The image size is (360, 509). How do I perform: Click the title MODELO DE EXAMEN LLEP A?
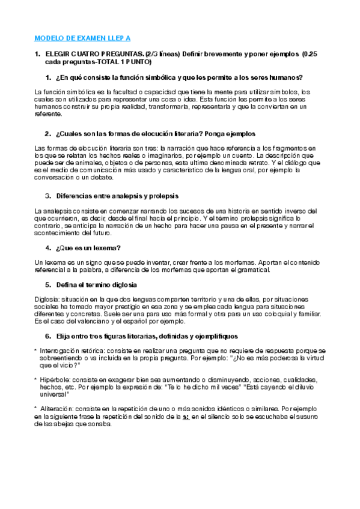pos(82,37)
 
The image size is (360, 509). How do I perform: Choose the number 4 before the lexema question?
pos(47,248)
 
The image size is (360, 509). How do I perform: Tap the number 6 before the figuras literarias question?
pos(47,336)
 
